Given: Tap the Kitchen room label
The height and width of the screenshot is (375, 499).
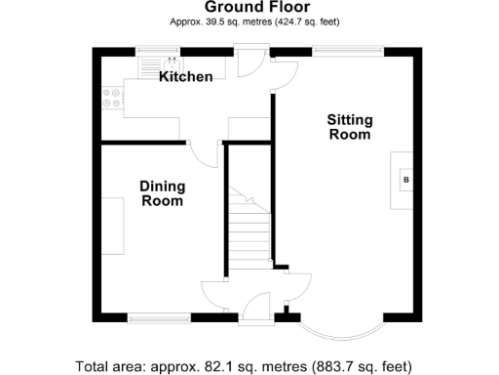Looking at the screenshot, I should [185, 76].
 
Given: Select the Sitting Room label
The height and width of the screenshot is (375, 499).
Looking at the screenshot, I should [349, 127].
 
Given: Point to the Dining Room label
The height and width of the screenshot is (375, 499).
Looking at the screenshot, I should [162, 193].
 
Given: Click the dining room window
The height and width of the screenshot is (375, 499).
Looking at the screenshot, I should [159, 315].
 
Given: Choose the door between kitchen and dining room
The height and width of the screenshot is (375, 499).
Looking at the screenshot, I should [203, 152].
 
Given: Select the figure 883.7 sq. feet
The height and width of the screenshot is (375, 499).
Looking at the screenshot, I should [369, 366].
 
